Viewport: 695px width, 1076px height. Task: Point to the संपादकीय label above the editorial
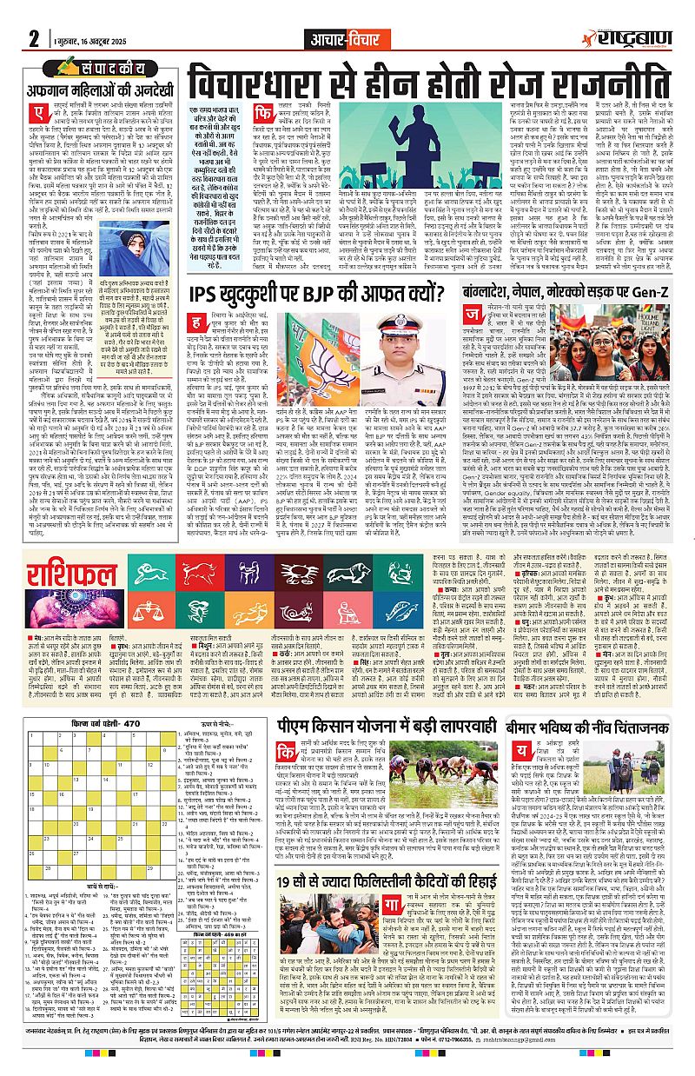(x=104, y=66)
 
